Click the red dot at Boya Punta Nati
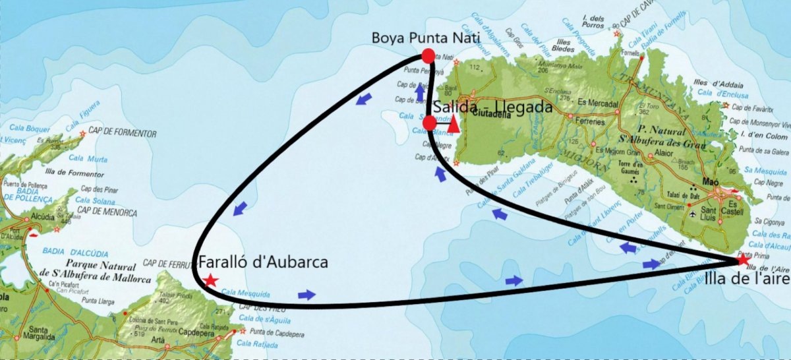coord(428,56)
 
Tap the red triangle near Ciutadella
coord(454,123)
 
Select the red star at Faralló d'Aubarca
coord(210,280)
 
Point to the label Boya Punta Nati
coord(426,38)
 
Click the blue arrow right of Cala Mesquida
coord(307,295)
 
